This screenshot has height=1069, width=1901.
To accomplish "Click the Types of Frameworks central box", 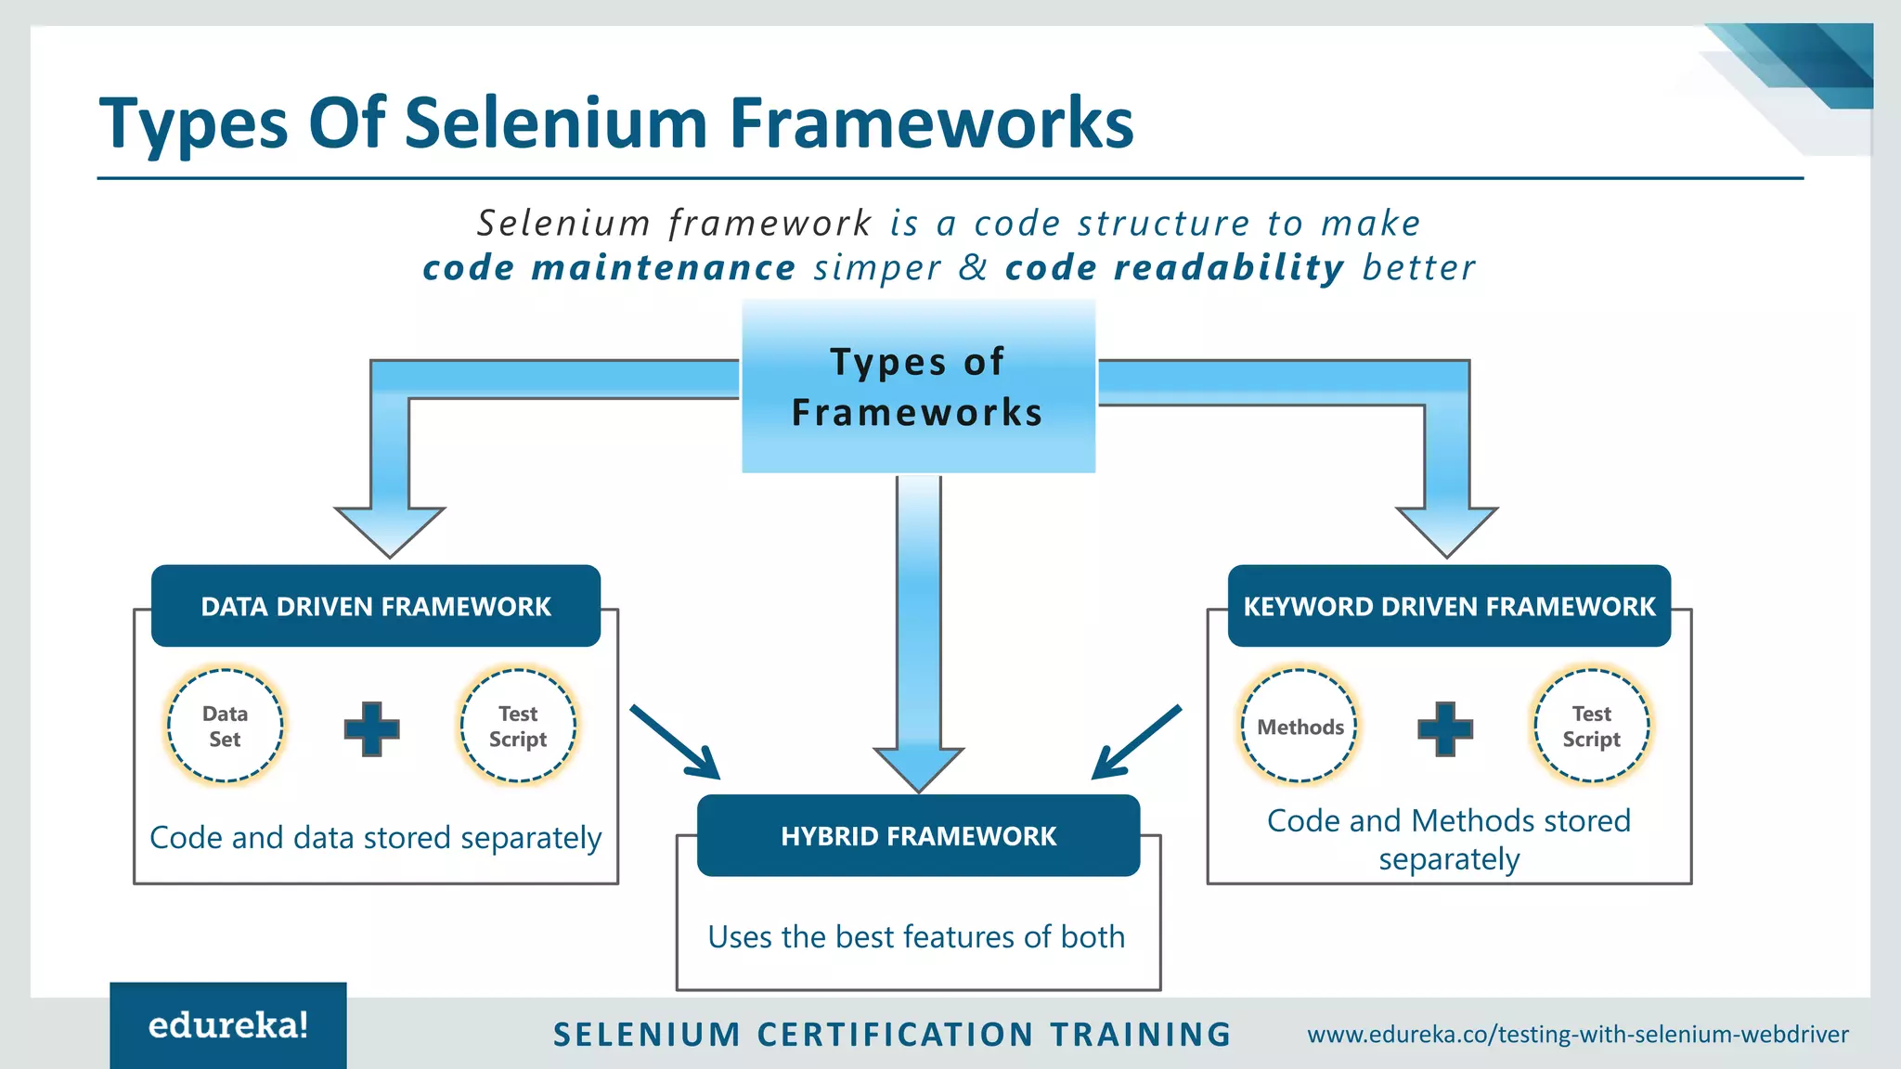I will click(x=918, y=386).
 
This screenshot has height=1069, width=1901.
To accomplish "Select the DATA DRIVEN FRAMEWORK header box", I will click(x=376, y=606).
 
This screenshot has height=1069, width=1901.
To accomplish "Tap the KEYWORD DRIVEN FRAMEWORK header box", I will click(x=1448, y=606).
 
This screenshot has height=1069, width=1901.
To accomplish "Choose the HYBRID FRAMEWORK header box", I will click(x=918, y=835).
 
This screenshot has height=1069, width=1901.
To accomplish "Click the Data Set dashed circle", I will click(x=225, y=726).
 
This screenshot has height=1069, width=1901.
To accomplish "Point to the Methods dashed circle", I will click(x=1300, y=726).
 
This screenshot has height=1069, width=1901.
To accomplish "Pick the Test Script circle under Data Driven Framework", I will click(x=518, y=726).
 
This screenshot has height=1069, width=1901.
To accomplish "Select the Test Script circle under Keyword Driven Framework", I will click(x=1591, y=726).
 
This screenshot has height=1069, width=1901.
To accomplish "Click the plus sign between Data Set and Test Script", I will click(x=371, y=728).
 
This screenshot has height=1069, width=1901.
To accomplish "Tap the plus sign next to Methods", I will click(x=1445, y=728).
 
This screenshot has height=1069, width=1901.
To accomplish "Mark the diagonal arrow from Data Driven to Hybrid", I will click(x=675, y=741).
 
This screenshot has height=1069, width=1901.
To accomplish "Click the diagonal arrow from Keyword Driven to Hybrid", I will click(x=1137, y=741).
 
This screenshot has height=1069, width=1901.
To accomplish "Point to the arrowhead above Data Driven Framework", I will click(x=390, y=531).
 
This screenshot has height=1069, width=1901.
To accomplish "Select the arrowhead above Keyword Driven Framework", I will click(x=1446, y=531).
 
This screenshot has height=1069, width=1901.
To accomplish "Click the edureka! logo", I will click(x=228, y=1025).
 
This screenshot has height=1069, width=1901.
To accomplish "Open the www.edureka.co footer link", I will click(x=1578, y=1034).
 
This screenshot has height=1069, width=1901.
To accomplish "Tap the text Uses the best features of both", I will click(x=916, y=936).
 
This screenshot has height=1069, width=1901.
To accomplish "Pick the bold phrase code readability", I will click(x=1174, y=267).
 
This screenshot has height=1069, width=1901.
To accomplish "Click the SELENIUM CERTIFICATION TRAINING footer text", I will click(x=892, y=1034).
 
